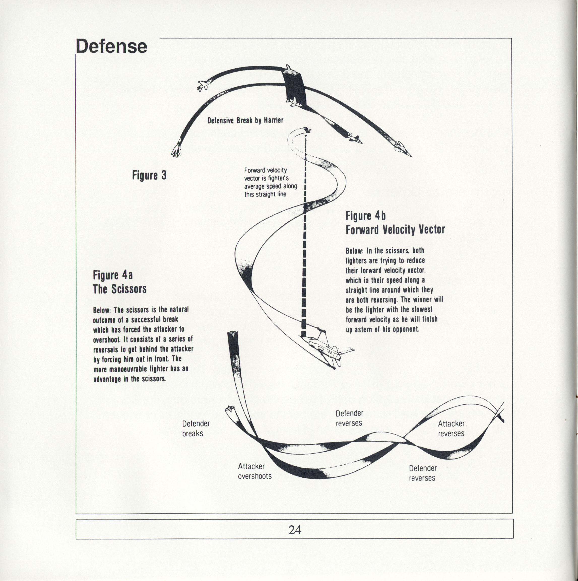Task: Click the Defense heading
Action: [x=111, y=47]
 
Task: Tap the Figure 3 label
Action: [x=149, y=175]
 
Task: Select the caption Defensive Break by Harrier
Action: [x=245, y=121]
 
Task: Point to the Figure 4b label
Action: [x=365, y=216]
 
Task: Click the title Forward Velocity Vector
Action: [x=395, y=229]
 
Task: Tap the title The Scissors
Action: [x=119, y=289]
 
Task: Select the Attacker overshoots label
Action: [x=254, y=471]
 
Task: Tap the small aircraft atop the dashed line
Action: [x=307, y=130]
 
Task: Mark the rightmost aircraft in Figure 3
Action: [x=403, y=149]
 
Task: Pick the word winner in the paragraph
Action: [x=423, y=300]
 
